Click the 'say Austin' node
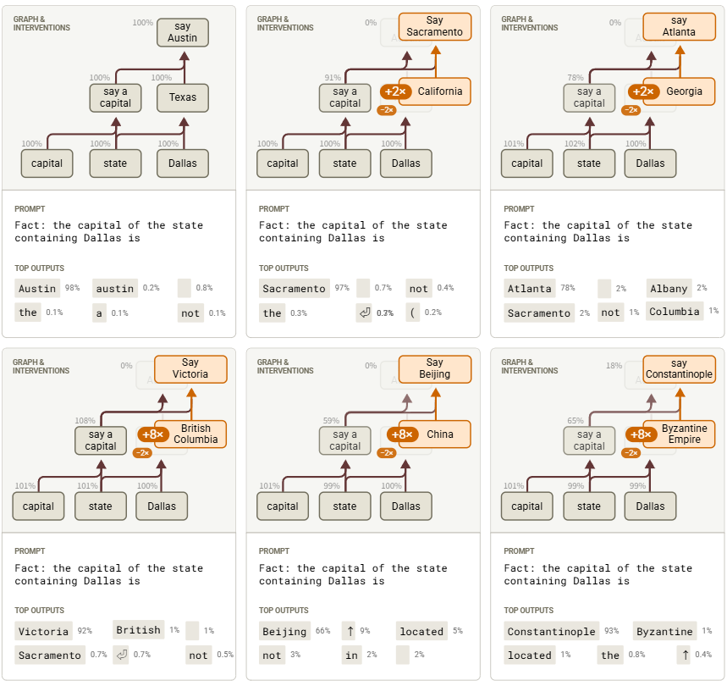click(182, 32)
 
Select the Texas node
click(182, 97)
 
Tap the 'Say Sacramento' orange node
click(434, 26)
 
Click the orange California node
click(440, 91)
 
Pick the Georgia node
click(684, 91)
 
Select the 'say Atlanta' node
click(679, 26)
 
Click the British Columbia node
click(196, 434)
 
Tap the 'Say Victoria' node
click(190, 368)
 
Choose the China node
click(440, 434)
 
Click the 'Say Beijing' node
click(434, 368)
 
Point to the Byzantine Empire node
click(684, 434)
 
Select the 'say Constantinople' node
click(679, 368)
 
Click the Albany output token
click(669, 289)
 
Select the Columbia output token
click(675, 312)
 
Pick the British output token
click(138, 630)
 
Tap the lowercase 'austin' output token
click(114, 289)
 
